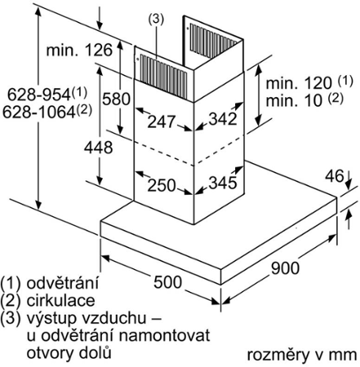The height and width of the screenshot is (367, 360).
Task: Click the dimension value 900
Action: (285, 268)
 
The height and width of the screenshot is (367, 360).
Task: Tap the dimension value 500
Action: (167, 282)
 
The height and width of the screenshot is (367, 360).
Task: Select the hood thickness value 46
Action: (335, 176)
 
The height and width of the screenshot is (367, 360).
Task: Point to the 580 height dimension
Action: (116, 99)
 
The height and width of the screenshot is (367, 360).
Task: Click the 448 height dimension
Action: (98, 148)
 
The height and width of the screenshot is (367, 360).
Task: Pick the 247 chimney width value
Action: (162, 122)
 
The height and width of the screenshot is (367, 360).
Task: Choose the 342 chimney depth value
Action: (223, 118)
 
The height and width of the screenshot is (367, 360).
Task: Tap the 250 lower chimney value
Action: (162, 185)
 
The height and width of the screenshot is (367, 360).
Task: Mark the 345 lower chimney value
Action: (223, 183)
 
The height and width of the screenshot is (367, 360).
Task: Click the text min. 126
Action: (79, 50)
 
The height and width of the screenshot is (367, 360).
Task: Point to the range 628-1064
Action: (38, 112)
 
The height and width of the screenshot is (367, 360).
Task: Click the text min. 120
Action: (299, 82)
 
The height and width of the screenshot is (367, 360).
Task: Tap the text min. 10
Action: (294, 100)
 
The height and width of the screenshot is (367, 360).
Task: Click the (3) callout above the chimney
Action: (156, 19)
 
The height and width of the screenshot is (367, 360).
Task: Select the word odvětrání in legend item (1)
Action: (62, 283)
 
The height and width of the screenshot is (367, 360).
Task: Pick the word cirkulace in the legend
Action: (60, 300)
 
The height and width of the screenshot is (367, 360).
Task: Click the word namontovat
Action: (164, 335)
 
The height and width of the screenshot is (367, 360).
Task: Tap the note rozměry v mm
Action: (302, 355)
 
